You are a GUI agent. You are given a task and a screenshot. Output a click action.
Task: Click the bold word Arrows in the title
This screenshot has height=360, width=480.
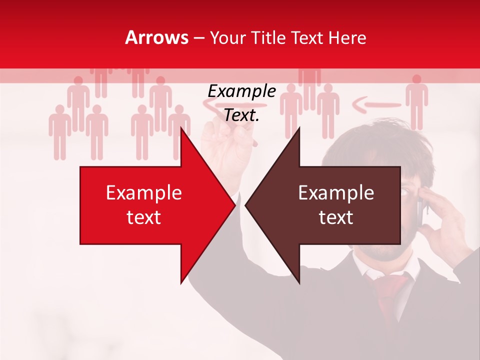[157, 38]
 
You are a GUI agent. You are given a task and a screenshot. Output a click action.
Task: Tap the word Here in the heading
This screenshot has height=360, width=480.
[347, 38]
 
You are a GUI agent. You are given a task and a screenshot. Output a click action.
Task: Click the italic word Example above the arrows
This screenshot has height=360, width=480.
[241, 91]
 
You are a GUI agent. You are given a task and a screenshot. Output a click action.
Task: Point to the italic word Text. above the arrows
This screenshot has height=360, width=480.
[241, 115]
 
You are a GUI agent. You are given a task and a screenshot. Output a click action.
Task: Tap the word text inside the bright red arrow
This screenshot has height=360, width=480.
[143, 217]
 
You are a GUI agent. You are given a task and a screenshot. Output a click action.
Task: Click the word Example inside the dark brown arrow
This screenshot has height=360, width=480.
[336, 193]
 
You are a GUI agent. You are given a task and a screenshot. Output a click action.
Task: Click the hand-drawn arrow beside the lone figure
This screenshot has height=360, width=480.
[376, 105]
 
